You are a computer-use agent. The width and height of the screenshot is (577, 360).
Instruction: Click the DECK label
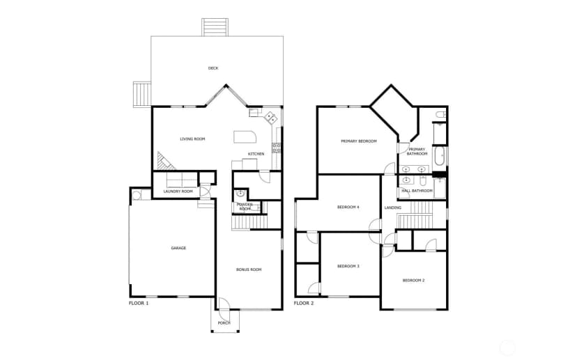pyautogui.click(x=213, y=68)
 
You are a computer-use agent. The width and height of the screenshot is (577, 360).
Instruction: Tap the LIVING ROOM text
pyautogui.click(x=192, y=139)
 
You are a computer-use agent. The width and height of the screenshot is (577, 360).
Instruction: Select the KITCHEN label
pyautogui.click(x=256, y=154)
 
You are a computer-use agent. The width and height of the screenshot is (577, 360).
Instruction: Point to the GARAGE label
pyautogui.click(x=178, y=248)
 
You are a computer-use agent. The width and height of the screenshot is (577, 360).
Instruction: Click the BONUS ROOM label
pyautogui.click(x=249, y=269)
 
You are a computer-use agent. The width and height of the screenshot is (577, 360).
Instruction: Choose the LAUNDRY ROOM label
pyautogui.click(x=178, y=191)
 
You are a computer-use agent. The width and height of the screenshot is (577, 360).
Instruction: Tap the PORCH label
pyautogui.click(x=224, y=323)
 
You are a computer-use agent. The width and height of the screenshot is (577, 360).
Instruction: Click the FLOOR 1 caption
pyautogui.click(x=139, y=304)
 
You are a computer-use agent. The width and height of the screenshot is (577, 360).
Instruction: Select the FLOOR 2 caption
pyautogui.click(x=304, y=304)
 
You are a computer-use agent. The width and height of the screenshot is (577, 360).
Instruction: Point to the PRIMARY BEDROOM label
pyautogui.click(x=359, y=141)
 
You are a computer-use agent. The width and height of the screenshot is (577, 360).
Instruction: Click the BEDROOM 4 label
pyautogui.click(x=348, y=208)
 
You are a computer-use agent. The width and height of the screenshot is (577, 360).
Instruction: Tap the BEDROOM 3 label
pyautogui.click(x=348, y=266)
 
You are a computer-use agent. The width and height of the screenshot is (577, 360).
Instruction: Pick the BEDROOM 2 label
pyautogui.click(x=414, y=281)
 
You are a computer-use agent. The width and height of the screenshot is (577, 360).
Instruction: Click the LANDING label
pyautogui.click(x=393, y=208)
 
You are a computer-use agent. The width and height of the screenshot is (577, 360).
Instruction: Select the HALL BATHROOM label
pyautogui.click(x=417, y=191)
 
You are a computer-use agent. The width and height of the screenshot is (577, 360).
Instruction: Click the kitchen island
pyautogui.click(x=245, y=136)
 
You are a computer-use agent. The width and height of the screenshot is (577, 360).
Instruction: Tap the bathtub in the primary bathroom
pyautogui.click(x=439, y=156)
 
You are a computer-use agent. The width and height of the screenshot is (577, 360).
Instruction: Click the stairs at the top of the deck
pyautogui.click(x=215, y=27)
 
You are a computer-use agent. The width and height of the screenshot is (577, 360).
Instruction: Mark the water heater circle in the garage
pyautogui.click(x=136, y=195)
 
